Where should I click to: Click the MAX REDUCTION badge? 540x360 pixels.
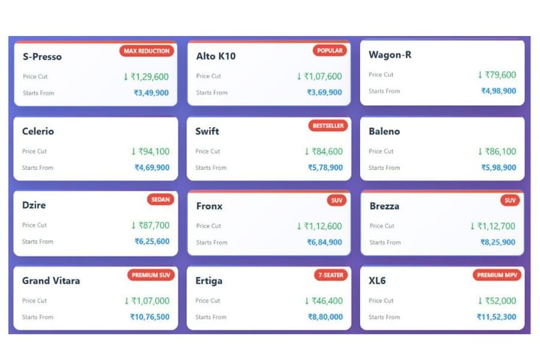pos(147,51)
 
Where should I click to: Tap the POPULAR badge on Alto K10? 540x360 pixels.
pos(330,51)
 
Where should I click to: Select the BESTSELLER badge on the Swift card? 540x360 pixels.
pos(328,126)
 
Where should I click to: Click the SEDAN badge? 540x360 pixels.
pos(160,199)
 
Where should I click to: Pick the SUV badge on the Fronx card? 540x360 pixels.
pos(336,201)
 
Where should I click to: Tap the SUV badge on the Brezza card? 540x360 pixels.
pos(510,201)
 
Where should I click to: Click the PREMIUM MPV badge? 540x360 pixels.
pos(497,275)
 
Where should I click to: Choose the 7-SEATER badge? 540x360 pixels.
pos(331,275)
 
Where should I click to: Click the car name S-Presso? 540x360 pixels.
pos(43,57)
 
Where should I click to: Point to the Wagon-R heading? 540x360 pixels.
pos(390,55)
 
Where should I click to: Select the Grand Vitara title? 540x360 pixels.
pos(51,281)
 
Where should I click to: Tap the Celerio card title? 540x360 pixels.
pos(38,132)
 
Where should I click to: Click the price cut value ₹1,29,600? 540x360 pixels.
pos(146,76)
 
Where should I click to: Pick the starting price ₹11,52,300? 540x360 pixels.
pos(497,317)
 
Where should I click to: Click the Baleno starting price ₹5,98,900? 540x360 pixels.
pos(499,168)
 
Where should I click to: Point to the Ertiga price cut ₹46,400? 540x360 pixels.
pos(324,300)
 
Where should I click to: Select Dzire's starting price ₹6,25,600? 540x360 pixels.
pos(152,242)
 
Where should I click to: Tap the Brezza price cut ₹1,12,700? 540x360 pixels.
pos(493,226)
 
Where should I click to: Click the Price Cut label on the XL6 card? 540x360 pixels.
pos(381,300)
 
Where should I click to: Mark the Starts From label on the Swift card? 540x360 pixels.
pos(211,168)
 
